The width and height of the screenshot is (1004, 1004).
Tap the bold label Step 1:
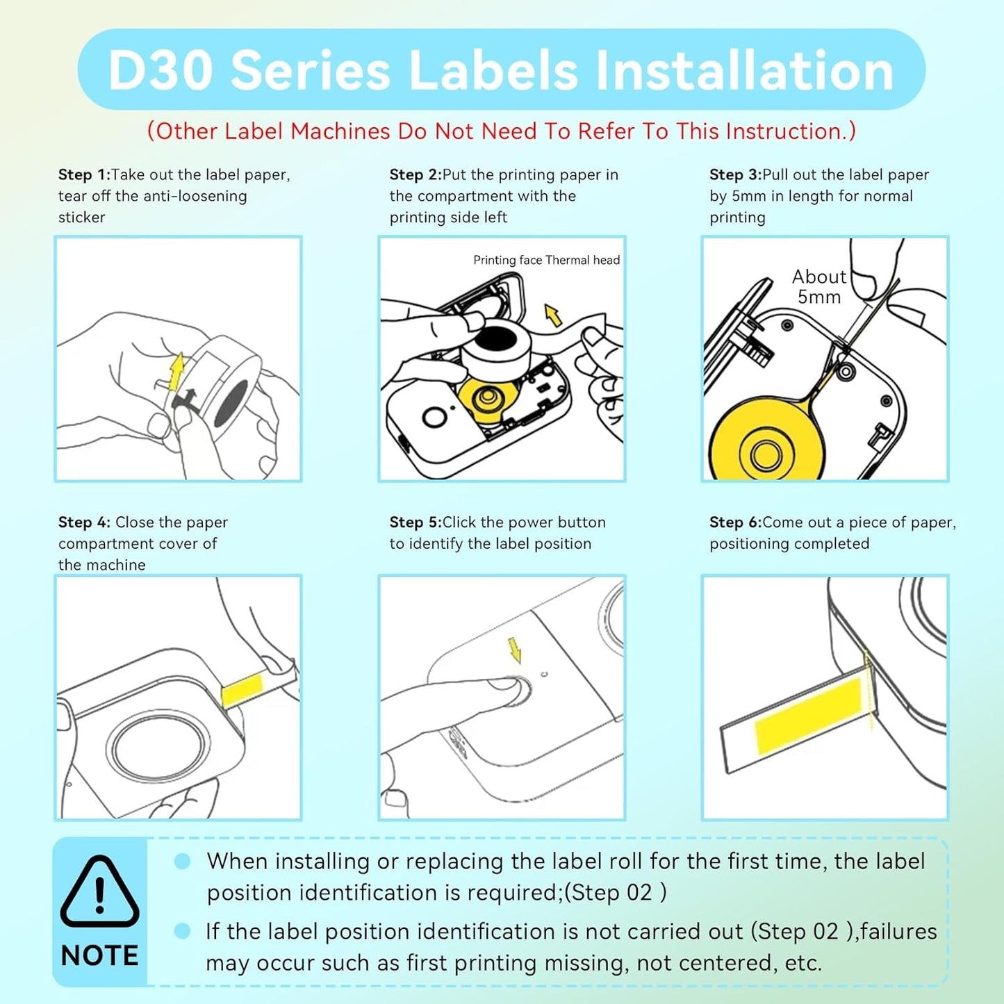[x=84, y=175]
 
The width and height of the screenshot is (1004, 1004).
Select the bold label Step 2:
[x=415, y=175]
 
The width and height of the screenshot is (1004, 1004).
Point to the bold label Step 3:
[x=735, y=175]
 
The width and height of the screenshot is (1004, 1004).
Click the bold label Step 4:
[x=84, y=522]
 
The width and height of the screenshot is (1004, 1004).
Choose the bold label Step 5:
[x=415, y=522]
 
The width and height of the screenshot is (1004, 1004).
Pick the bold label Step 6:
[x=735, y=522]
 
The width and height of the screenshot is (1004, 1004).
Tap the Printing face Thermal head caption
[x=546, y=260]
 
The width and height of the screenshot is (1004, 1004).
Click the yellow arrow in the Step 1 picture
[x=177, y=370]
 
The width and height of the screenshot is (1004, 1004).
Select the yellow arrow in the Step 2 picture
[x=553, y=315]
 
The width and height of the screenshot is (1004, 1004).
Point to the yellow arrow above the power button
[x=515, y=650]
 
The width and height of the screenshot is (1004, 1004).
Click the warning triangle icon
[x=99, y=893]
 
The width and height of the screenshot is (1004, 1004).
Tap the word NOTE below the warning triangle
[x=99, y=956]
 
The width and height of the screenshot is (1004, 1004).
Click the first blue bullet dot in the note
[x=182, y=862]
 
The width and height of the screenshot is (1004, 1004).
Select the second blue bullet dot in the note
[x=182, y=931]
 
